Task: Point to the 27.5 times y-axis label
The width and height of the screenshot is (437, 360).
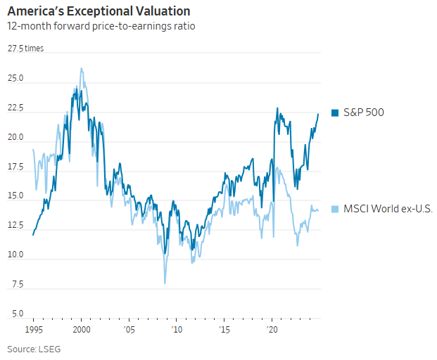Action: tap(25, 49)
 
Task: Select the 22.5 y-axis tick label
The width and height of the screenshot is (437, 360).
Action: tap(15, 108)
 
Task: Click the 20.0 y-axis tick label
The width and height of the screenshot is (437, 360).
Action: tap(15, 138)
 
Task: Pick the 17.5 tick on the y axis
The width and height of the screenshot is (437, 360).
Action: tap(15, 167)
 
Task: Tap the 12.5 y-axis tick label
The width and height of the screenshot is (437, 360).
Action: tap(15, 226)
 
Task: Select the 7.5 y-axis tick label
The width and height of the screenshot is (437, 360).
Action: tap(17, 285)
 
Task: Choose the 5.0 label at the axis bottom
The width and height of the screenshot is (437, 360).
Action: tap(17, 314)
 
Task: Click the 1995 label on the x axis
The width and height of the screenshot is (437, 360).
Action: tap(33, 329)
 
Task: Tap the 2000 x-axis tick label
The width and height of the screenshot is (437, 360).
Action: tap(82, 329)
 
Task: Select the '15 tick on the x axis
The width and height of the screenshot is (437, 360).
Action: tap(224, 329)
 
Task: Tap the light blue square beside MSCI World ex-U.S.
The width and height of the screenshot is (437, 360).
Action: tap(336, 210)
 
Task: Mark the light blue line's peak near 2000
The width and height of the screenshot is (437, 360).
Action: tap(82, 68)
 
